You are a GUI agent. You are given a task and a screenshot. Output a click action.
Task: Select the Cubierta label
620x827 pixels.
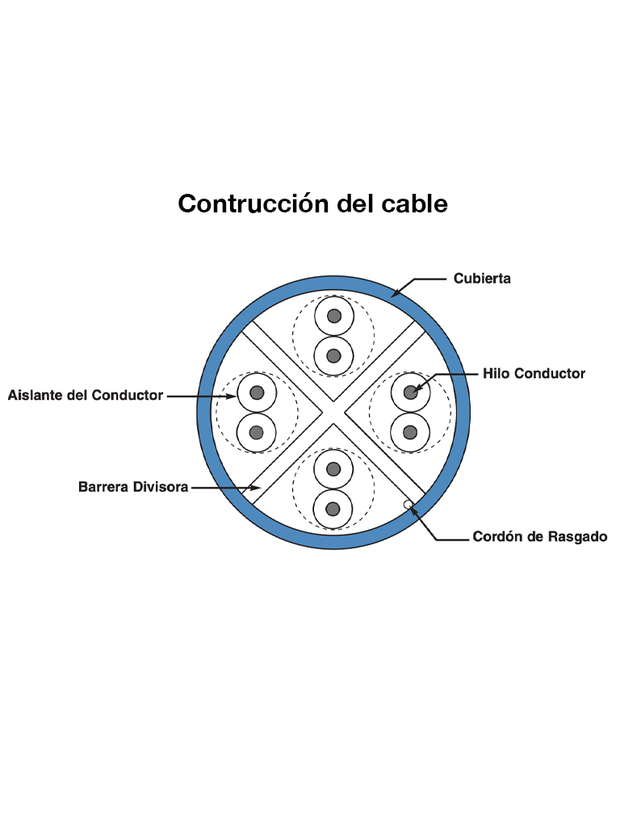(x=481, y=279)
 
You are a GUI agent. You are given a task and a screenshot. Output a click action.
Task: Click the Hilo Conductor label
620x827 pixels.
(x=534, y=373)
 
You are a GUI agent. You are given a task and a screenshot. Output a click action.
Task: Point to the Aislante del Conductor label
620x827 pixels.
(x=86, y=396)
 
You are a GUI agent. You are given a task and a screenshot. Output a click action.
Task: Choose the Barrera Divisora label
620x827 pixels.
(x=133, y=487)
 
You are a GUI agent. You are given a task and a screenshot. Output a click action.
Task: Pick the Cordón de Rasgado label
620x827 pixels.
(x=539, y=536)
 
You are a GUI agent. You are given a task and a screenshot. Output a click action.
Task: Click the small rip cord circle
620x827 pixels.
(x=408, y=506)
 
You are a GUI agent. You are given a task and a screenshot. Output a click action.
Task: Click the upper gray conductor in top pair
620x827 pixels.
(x=333, y=316)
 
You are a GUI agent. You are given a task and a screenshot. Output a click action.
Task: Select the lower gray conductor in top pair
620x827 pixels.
(x=333, y=355)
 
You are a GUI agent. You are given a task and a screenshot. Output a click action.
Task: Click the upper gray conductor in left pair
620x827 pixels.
(x=257, y=393)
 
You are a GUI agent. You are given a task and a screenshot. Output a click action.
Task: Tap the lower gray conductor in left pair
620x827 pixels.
(x=257, y=432)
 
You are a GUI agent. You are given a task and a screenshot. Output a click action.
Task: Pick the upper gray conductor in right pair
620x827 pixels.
(x=410, y=393)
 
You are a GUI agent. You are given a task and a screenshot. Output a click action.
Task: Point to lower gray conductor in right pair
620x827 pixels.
(x=410, y=432)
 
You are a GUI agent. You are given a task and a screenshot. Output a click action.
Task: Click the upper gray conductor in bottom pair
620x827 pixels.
(x=333, y=470)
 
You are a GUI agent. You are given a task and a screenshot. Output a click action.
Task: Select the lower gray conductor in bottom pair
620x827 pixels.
(x=333, y=509)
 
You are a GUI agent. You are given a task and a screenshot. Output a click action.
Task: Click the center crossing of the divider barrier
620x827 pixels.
(x=333, y=412)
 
